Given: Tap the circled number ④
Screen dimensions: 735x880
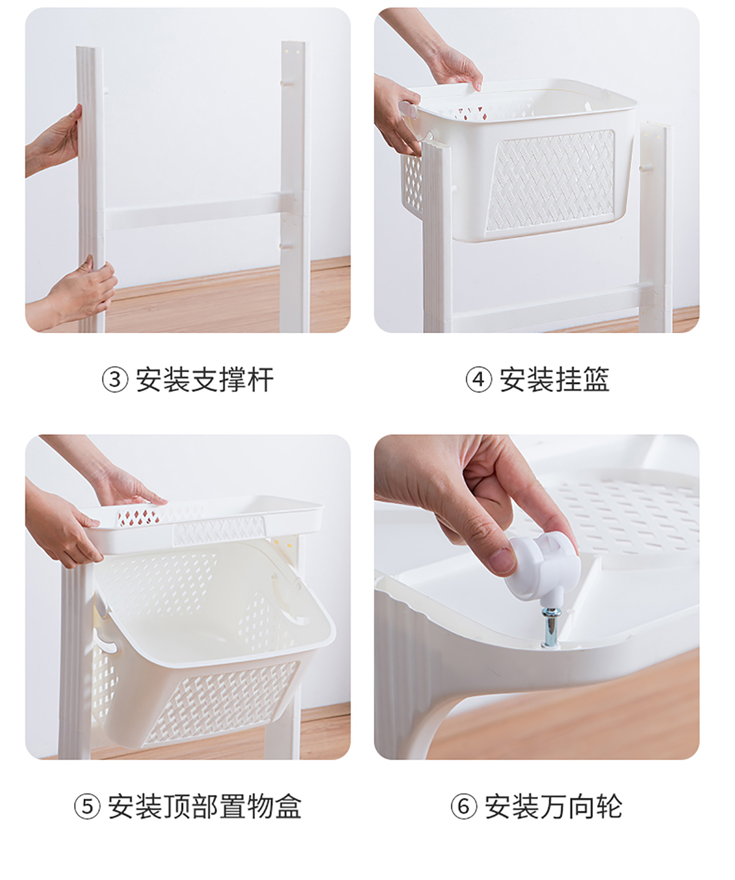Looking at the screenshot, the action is coord(478,379).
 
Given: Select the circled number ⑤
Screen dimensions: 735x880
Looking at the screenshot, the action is coord(88,807).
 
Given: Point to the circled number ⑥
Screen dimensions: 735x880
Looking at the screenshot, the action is coord(464,807).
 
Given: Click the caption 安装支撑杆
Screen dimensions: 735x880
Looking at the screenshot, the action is coord(205,380).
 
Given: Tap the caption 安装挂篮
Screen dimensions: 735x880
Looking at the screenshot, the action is coord(554,380).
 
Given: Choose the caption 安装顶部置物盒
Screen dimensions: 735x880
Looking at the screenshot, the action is coord(205,807).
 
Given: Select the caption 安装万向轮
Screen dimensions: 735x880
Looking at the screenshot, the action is coord(553,807).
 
